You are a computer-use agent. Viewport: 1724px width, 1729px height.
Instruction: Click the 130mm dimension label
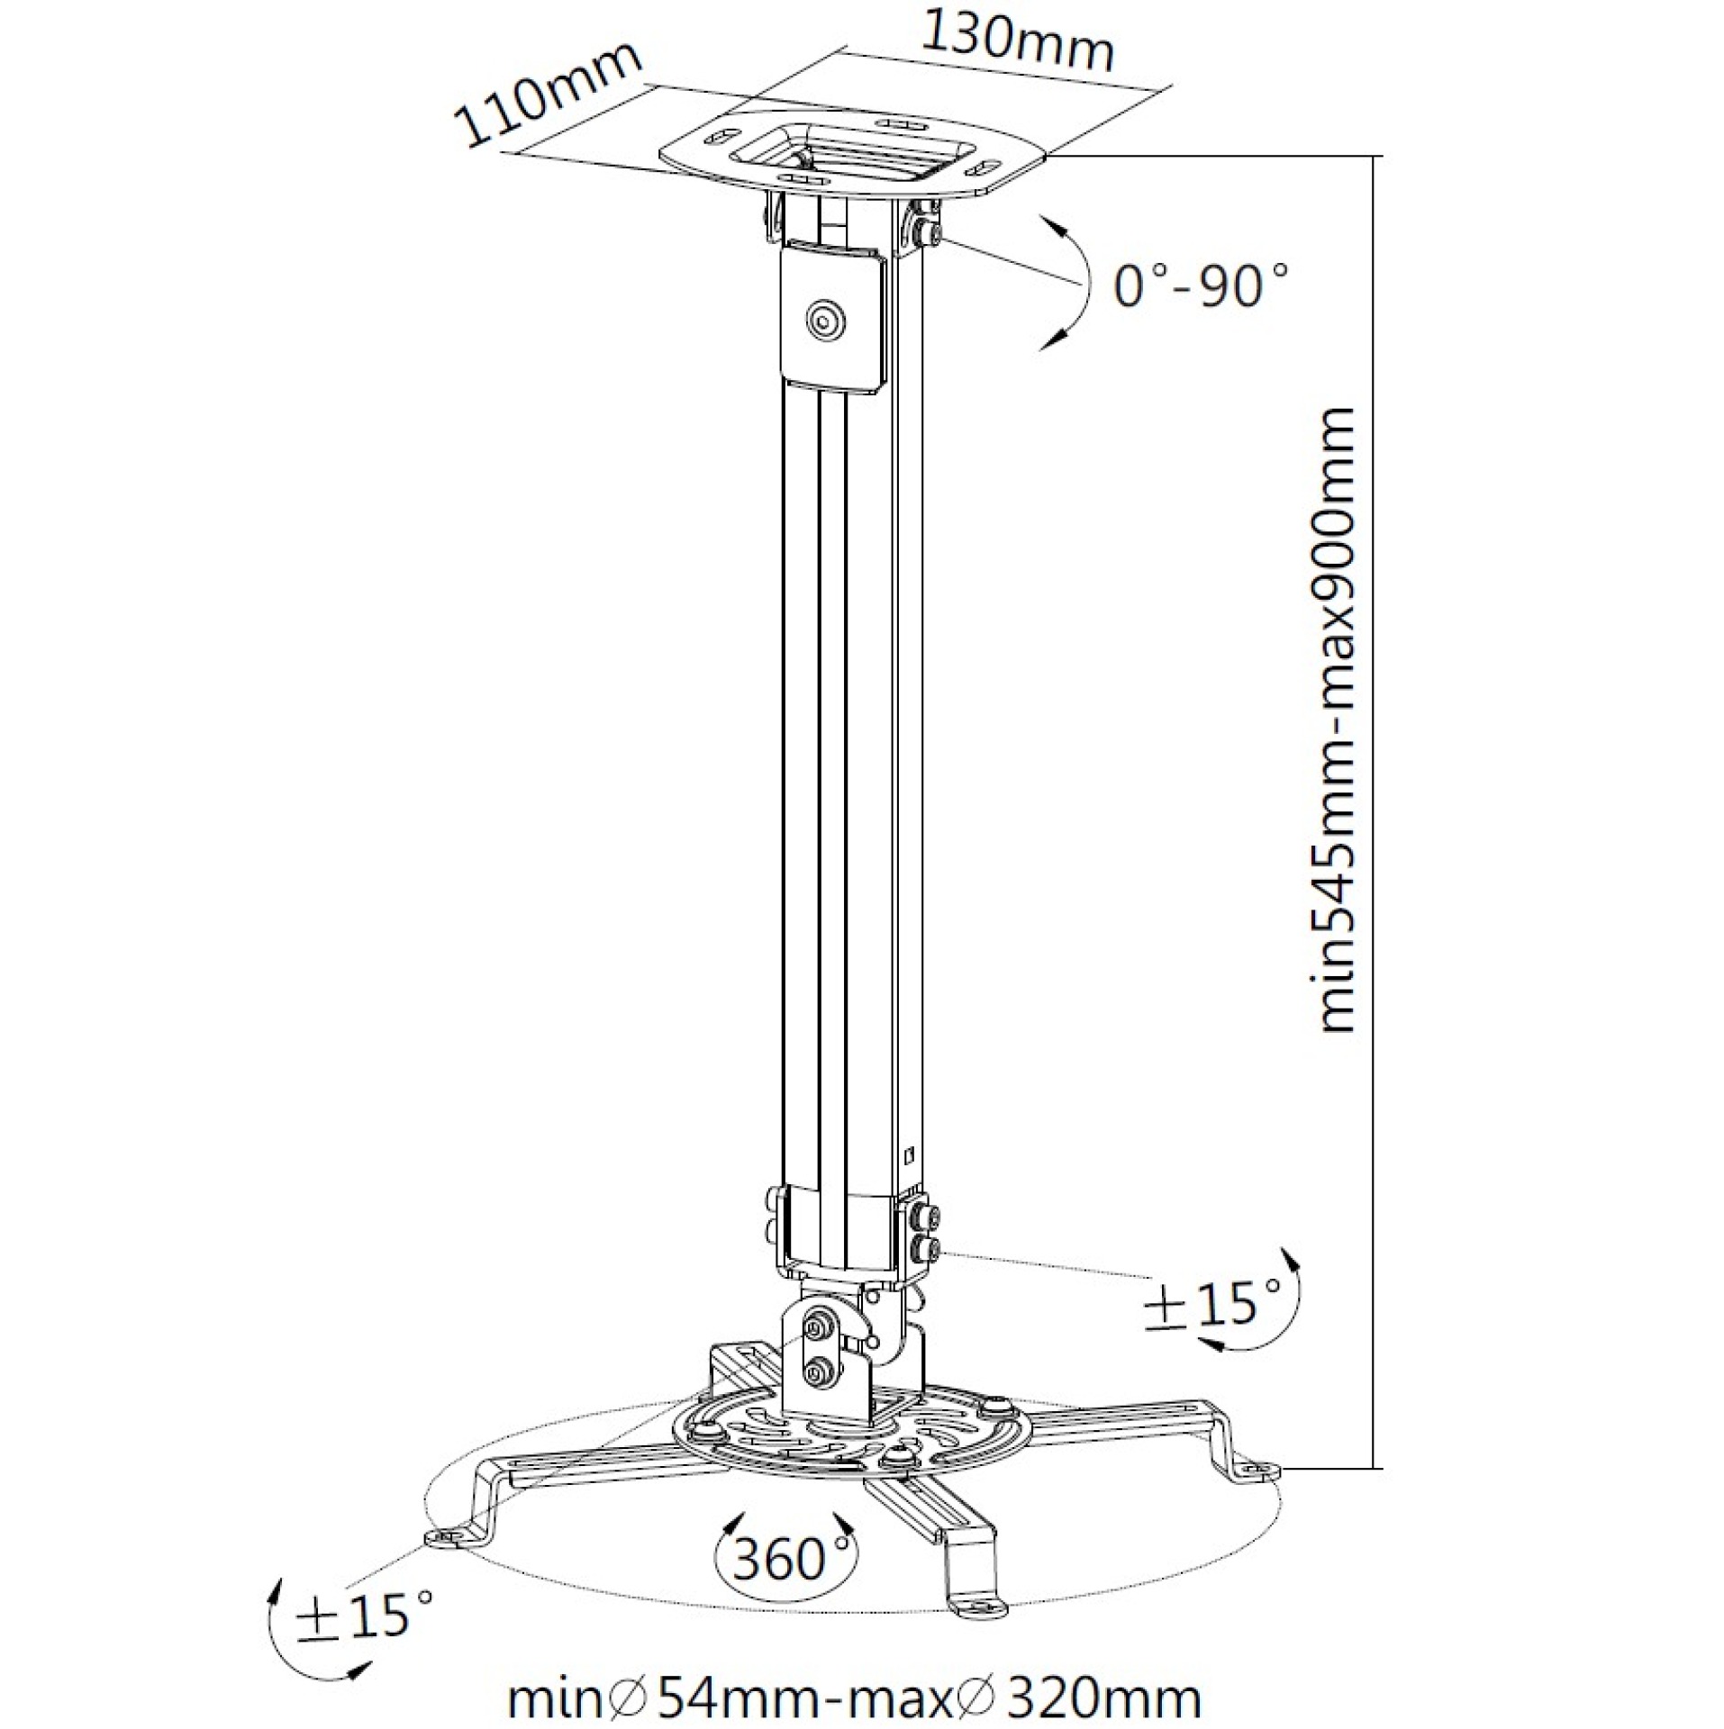(1019, 41)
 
